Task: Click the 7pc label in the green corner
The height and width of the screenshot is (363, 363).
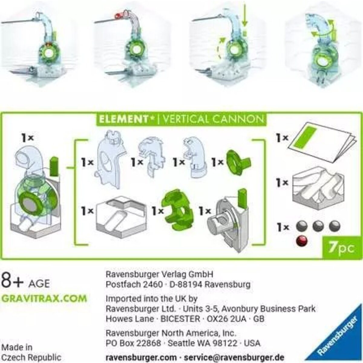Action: (x=341, y=248)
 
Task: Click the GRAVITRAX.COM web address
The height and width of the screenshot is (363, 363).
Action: (x=44, y=298)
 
